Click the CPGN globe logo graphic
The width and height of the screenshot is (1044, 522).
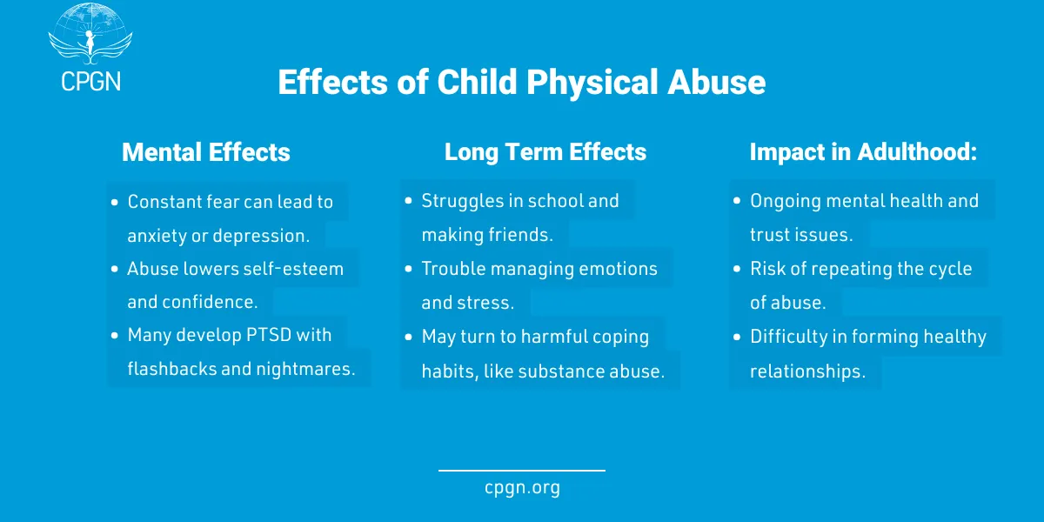point(90,35)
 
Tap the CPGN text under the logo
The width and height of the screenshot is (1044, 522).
point(90,81)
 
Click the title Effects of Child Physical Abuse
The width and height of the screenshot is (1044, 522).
point(521,83)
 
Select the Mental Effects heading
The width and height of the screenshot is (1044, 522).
point(206,152)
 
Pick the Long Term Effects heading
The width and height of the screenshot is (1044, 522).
point(545,152)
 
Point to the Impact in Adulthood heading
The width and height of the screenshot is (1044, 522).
point(863,152)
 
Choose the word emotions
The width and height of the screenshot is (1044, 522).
point(612,269)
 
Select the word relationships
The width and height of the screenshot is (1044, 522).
point(807,371)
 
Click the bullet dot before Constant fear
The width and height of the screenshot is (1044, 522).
point(115,202)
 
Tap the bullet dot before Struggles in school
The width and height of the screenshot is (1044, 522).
point(409,202)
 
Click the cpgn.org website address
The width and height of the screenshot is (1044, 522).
point(522,488)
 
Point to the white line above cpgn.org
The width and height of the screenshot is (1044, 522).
point(522,471)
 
